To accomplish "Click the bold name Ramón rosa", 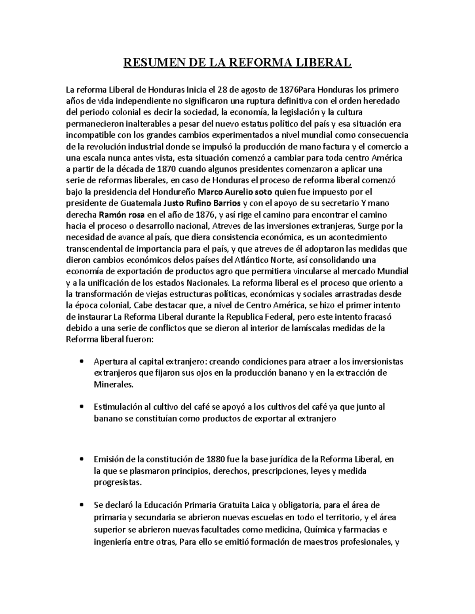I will click(x=122, y=215).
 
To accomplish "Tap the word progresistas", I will click(x=117, y=482).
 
